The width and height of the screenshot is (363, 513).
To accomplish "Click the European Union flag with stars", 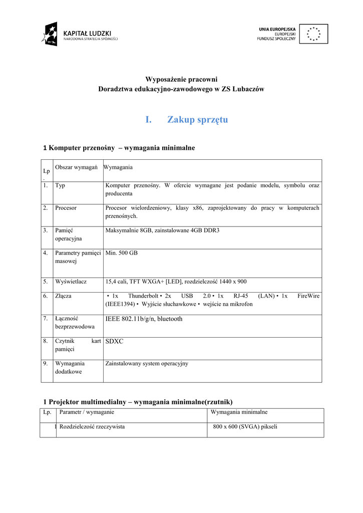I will [314, 34].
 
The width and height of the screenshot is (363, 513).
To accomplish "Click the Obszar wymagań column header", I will [76, 167].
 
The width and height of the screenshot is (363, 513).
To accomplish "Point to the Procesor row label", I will [66, 207].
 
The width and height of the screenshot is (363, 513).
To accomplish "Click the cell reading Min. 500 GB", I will [122, 253].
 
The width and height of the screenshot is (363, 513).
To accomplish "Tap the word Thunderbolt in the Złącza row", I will [143, 296].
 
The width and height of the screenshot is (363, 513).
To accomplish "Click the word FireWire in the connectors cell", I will [308, 296].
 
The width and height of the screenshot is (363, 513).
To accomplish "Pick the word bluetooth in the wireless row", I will [170, 319].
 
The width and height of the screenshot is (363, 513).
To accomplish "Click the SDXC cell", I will [114, 341].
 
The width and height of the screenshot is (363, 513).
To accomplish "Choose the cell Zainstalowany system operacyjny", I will [147, 364].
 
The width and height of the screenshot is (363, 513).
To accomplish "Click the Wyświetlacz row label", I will [71, 282].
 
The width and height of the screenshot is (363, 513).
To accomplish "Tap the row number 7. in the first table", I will [46, 318].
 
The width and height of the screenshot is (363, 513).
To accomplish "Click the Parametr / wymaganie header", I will [87, 412].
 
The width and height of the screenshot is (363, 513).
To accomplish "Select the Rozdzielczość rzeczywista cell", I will [92, 427].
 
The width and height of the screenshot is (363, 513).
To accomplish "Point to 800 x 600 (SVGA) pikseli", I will [245, 427].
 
